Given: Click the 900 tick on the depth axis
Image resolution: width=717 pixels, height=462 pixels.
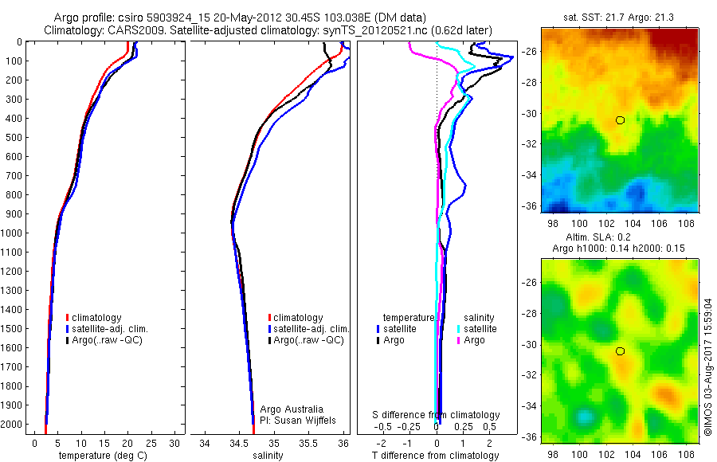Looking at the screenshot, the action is pos(14,214).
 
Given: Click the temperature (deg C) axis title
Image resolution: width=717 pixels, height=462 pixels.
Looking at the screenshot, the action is pos(103,456).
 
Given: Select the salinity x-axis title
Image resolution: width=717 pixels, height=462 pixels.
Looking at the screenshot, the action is pos(268,456).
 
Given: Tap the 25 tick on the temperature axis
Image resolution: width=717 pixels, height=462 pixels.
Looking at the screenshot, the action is pos(151,443).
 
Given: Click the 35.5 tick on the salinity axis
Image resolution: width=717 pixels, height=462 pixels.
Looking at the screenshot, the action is pos(308,443).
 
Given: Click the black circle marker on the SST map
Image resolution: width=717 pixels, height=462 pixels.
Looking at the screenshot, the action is pos(620,120).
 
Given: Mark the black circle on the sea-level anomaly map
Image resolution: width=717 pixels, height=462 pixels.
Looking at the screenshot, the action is pos(620,351).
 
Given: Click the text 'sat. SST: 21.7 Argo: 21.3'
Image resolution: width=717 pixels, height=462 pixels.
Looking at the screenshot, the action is pos(619,18).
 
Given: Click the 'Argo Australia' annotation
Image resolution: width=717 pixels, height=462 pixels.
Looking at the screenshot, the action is pos(292,409).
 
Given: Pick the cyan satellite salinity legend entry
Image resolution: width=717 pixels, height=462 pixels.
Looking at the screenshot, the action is pos(477,329).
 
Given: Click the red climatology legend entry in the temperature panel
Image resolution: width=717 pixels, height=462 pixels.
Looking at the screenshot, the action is pos(94,318).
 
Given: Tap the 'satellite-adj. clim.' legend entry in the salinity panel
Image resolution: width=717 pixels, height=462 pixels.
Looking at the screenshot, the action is pos(308,329).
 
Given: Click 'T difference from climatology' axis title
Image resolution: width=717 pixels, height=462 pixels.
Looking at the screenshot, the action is pos(435,456).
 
